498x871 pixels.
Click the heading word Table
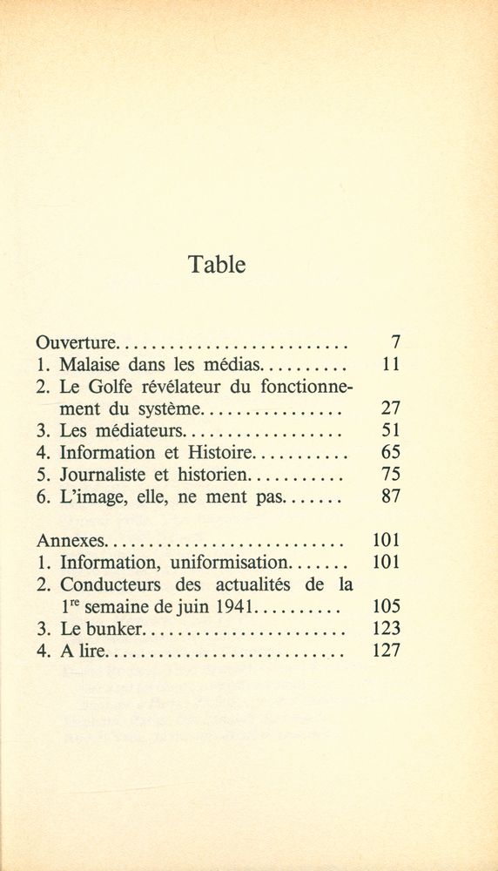217,265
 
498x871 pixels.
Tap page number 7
394,343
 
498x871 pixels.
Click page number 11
390,365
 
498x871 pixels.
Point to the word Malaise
91,365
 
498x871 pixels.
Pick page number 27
390,408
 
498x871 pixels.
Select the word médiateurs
135,431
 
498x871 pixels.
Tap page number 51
390,431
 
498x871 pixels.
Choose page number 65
390,453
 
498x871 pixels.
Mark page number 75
390,476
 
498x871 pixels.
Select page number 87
390,497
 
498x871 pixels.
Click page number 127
385,651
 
